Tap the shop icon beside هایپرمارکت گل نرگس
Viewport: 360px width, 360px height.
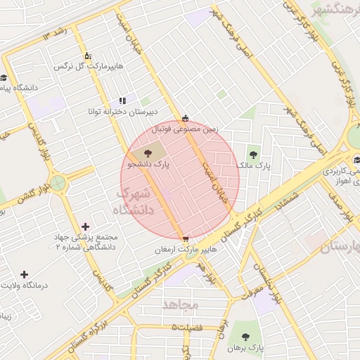pyautogui.click(x=88, y=56)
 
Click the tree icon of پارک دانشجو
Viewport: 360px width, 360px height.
pyautogui.click(x=148, y=153)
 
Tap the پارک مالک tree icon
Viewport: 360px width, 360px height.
pyautogui.click(x=253, y=155)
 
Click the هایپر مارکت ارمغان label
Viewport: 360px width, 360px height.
pyautogui.click(x=185, y=250)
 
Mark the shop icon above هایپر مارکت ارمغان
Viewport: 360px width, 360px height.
pyautogui.click(x=185, y=239)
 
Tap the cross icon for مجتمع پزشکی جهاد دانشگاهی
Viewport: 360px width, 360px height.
pyautogui.click(x=86, y=226)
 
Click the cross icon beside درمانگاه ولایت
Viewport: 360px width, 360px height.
pyautogui.click(x=25, y=274)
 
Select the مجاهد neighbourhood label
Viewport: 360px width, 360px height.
pyautogui.click(x=181, y=304)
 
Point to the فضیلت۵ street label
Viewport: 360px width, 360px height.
pyautogui.click(x=194, y=328)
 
